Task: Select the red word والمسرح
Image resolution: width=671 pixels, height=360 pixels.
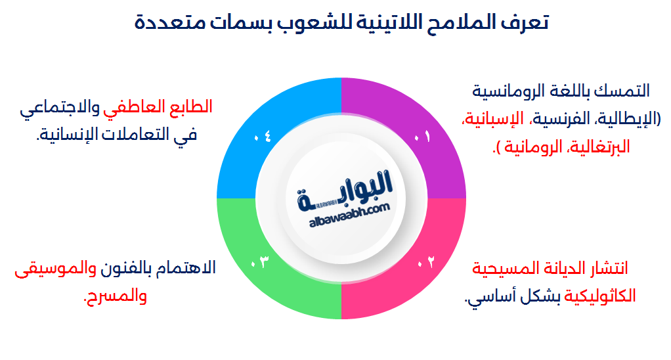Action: (x=116, y=297)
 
